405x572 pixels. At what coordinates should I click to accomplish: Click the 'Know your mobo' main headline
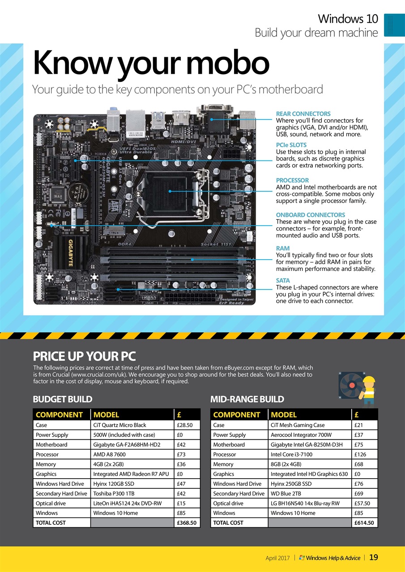(x=151, y=63)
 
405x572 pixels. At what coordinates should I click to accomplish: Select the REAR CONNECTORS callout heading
(x=303, y=114)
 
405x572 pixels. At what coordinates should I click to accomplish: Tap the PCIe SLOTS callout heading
(x=291, y=145)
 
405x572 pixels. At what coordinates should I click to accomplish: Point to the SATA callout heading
(x=283, y=281)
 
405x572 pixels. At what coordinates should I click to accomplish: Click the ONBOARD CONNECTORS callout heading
(x=310, y=215)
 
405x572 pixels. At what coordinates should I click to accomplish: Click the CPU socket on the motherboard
(x=170, y=191)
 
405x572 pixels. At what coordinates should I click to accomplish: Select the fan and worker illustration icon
(x=356, y=387)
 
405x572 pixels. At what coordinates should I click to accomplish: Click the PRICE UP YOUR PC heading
(x=84, y=356)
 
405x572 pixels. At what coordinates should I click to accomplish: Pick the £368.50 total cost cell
(x=186, y=522)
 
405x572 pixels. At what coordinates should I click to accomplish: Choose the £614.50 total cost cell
(x=365, y=522)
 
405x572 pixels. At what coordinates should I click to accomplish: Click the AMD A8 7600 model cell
(x=109, y=454)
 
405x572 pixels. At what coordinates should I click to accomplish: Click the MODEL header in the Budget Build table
(x=106, y=415)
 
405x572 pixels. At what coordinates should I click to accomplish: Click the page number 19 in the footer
(x=374, y=557)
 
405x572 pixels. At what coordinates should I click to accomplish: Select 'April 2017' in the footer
(x=277, y=558)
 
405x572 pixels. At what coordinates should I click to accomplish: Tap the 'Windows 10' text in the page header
(x=348, y=19)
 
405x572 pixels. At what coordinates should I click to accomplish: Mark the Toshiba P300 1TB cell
(x=115, y=493)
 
